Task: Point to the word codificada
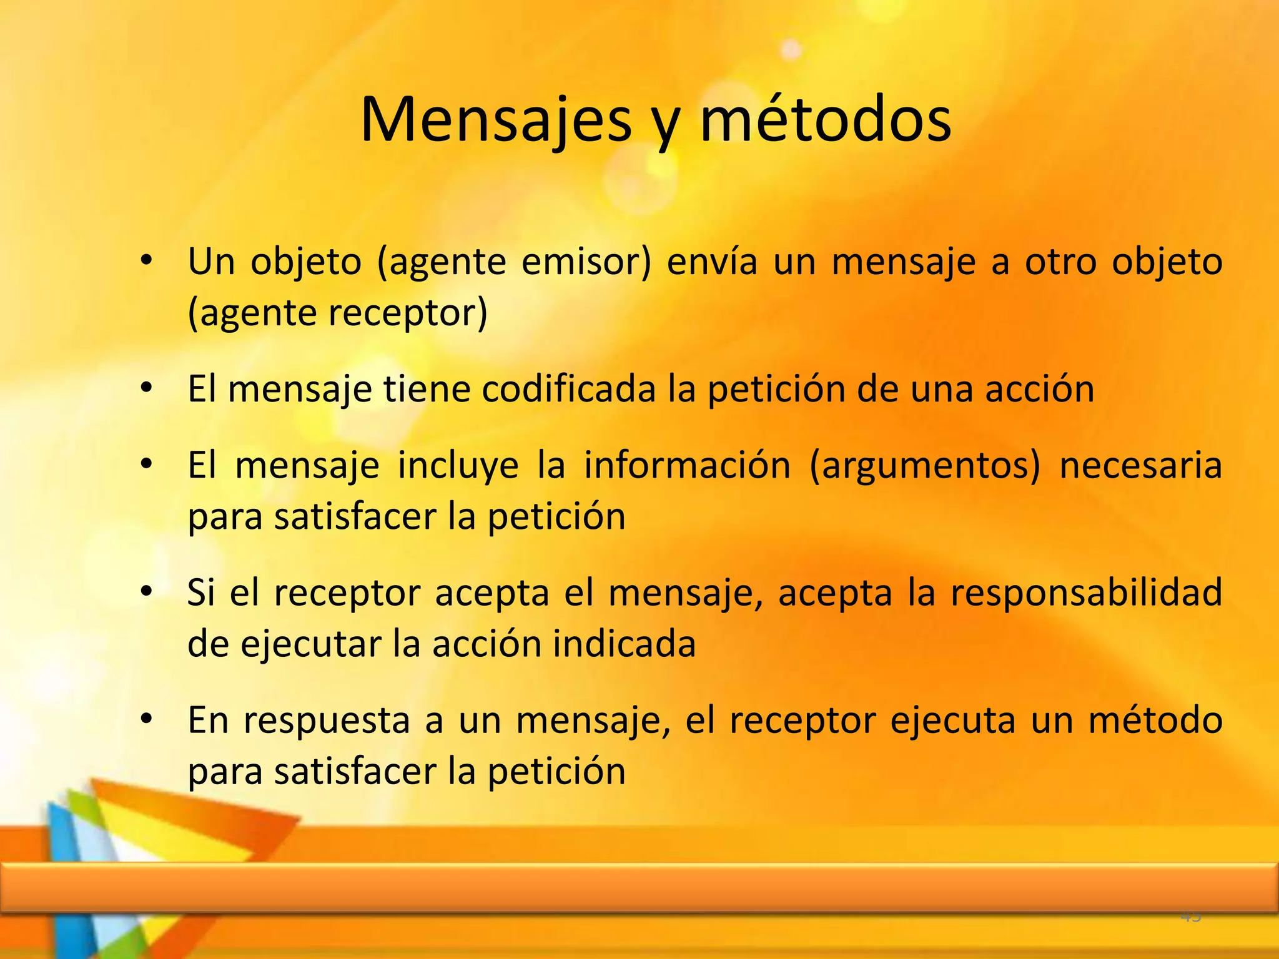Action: (569, 388)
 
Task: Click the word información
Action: (687, 465)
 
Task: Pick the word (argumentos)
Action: (925, 466)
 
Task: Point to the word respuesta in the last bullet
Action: (327, 721)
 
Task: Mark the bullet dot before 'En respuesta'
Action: (146, 720)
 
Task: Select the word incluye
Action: (458, 466)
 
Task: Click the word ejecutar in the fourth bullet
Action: (310, 645)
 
